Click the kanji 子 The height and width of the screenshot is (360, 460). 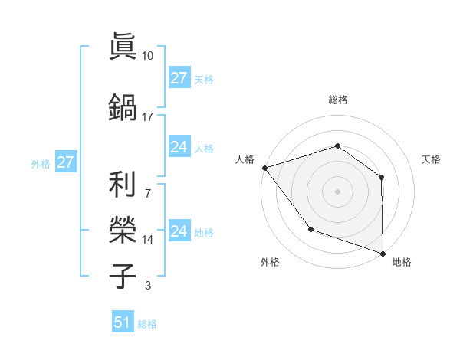click(123, 275)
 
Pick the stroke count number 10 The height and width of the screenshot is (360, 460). click(148, 56)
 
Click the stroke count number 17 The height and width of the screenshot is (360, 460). click(148, 116)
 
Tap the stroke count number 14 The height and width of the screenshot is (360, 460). click(148, 240)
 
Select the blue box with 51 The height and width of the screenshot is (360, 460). click(122, 322)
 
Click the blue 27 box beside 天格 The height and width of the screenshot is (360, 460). click(179, 78)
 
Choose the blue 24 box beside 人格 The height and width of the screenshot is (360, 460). click(179, 147)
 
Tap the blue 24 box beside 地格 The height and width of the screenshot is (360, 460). click(179, 231)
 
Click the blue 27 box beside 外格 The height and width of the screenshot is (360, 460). click(65, 162)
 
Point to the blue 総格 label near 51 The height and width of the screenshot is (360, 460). click(147, 324)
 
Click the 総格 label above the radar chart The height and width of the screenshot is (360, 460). click(337, 100)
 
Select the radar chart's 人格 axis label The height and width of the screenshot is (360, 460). click(245, 159)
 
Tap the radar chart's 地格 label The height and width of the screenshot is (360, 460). click(402, 262)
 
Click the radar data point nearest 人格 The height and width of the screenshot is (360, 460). click(264, 168)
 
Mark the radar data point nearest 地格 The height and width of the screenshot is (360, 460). click(383, 252)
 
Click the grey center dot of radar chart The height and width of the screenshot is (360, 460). click(337, 191)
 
